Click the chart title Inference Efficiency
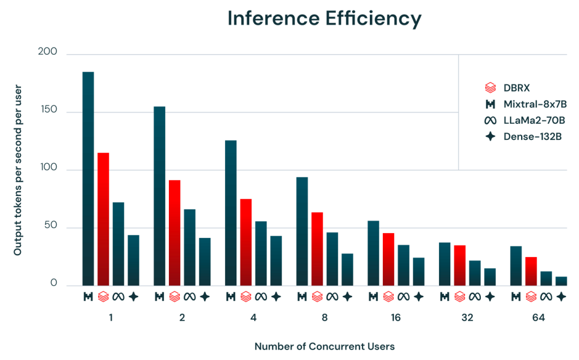click(x=324, y=19)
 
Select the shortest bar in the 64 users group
click(x=561, y=280)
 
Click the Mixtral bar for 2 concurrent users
click(x=159, y=195)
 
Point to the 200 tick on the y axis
click(x=47, y=52)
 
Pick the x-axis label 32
click(x=467, y=318)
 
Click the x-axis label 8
click(x=325, y=318)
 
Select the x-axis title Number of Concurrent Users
click(x=324, y=346)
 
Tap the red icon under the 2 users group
click(x=174, y=296)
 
